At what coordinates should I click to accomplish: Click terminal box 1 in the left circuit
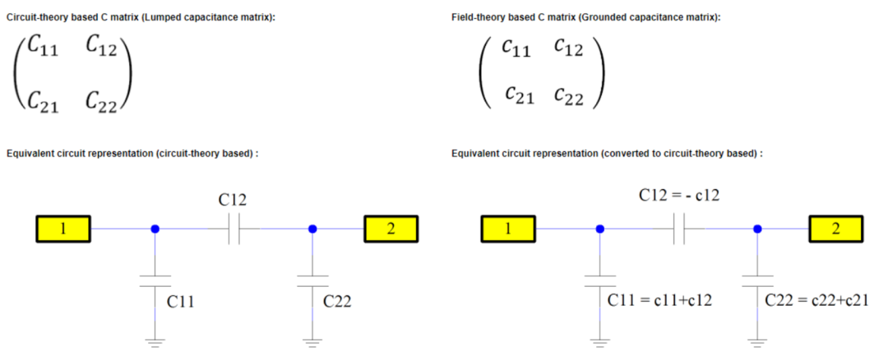[62, 228]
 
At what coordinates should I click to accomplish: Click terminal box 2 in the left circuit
[391, 228]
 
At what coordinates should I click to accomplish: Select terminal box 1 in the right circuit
[508, 228]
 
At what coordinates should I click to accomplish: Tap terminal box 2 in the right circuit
[836, 228]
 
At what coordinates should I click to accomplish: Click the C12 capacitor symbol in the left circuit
[234, 228]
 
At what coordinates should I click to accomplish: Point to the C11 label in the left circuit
[181, 301]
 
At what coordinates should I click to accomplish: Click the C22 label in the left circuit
[337, 301]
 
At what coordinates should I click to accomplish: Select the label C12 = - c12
[680, 196]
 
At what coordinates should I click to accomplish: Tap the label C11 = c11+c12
[659, 300]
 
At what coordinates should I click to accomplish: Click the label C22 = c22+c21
[817, 300]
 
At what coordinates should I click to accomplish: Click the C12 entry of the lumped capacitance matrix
[101, 46]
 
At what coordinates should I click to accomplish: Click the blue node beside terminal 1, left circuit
[155, 228]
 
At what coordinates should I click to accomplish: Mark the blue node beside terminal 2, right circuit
[757, 228]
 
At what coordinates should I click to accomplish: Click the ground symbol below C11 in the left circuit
[155, 342]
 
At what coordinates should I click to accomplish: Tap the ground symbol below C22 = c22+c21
[757, 342]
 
